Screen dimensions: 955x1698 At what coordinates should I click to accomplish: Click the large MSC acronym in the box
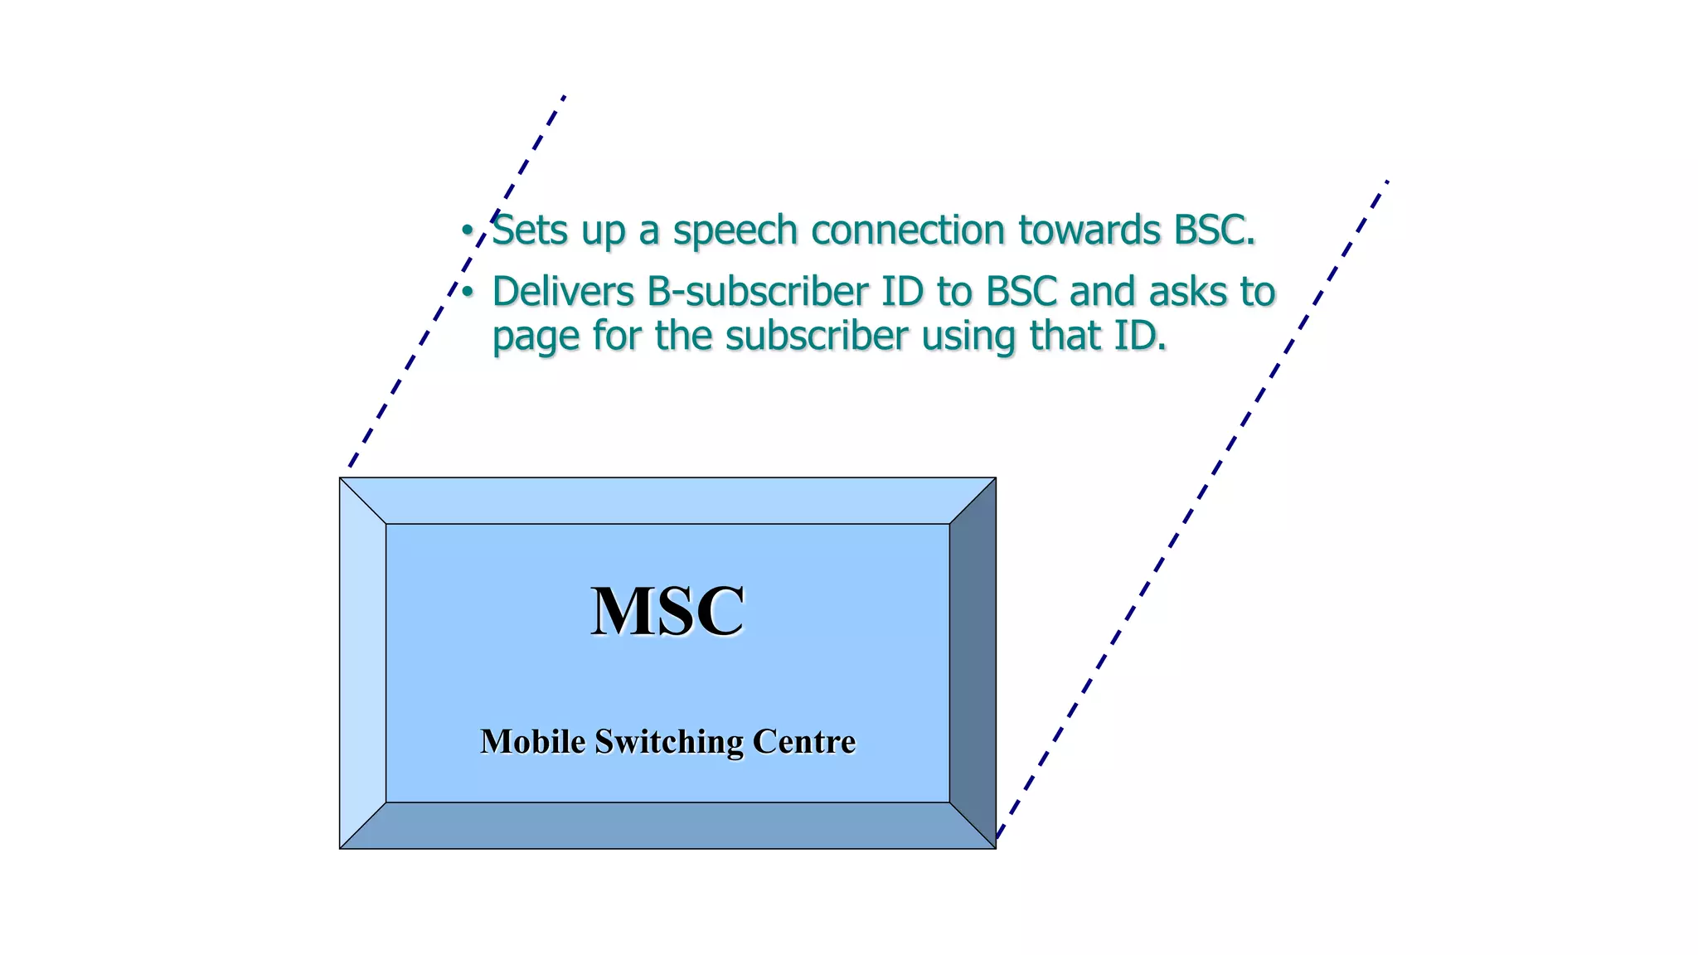667,611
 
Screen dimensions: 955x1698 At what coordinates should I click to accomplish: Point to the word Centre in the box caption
803,741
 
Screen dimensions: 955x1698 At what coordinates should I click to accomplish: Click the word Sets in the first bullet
529,230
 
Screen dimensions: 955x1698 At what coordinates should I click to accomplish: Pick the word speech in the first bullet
735,231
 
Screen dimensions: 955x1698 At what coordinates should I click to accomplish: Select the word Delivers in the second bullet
564,292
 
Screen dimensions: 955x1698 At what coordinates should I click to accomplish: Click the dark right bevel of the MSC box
973,663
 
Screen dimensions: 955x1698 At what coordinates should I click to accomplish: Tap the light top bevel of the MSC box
667,501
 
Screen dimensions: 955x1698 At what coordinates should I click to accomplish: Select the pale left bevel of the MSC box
363,663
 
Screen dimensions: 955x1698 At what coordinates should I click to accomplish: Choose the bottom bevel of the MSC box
667,826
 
